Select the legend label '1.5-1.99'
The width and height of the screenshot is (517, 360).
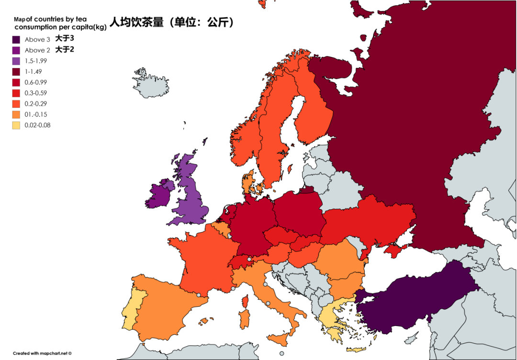click(x=35, y=61)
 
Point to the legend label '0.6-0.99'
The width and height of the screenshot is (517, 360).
click(x=36, y=82)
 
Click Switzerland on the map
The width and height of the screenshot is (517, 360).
click(x=242, y=262)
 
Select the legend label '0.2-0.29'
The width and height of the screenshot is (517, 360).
click(x=36, y=104)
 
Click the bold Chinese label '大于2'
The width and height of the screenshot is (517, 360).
click(x=65, y=50)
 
